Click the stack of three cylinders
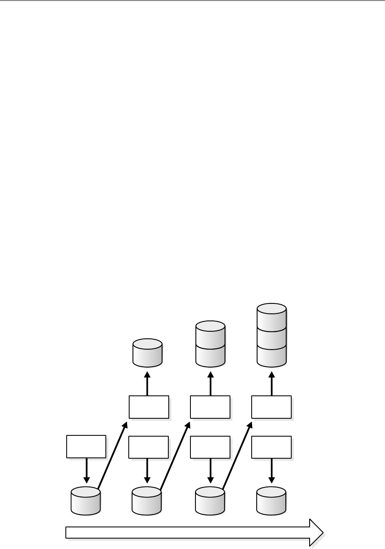tap(272, 335)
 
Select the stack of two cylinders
tap(210, 344)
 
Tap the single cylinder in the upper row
tap(147, 353)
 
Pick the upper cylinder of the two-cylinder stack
tap(210, 333)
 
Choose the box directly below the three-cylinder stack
tap(271, 407)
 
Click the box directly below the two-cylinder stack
tap(210, 407)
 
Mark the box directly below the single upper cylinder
tap(149, 407)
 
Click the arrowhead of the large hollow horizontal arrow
tap(316, 532)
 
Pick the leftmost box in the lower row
tap(86, 446)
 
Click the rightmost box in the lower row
tap(271, 447)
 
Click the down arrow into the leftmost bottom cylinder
tap(86, 470)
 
